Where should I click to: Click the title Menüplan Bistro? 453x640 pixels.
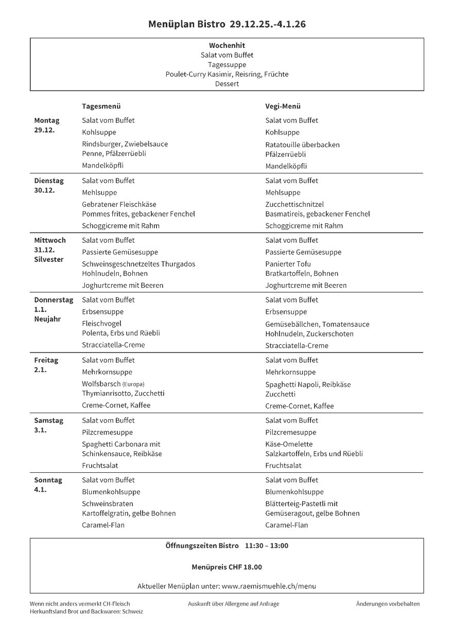186,24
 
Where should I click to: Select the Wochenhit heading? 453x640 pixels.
227,45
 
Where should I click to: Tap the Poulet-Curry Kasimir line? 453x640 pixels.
227,74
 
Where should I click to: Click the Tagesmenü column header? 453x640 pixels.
101,106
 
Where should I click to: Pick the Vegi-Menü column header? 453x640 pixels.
283,106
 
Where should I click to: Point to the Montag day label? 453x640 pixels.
47,120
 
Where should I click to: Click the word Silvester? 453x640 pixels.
49,259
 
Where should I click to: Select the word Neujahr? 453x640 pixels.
48,319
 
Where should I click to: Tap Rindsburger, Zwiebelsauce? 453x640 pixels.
125,144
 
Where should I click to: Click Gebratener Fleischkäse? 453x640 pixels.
119,204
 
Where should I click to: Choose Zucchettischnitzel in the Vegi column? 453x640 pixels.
294,204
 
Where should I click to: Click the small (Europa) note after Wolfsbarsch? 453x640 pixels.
133,384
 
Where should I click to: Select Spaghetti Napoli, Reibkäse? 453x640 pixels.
308,384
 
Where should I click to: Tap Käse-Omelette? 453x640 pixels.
289,444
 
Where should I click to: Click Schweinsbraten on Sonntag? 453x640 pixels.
108,504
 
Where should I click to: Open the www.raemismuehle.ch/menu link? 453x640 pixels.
269,586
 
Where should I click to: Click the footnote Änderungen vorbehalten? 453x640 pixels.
388,603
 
